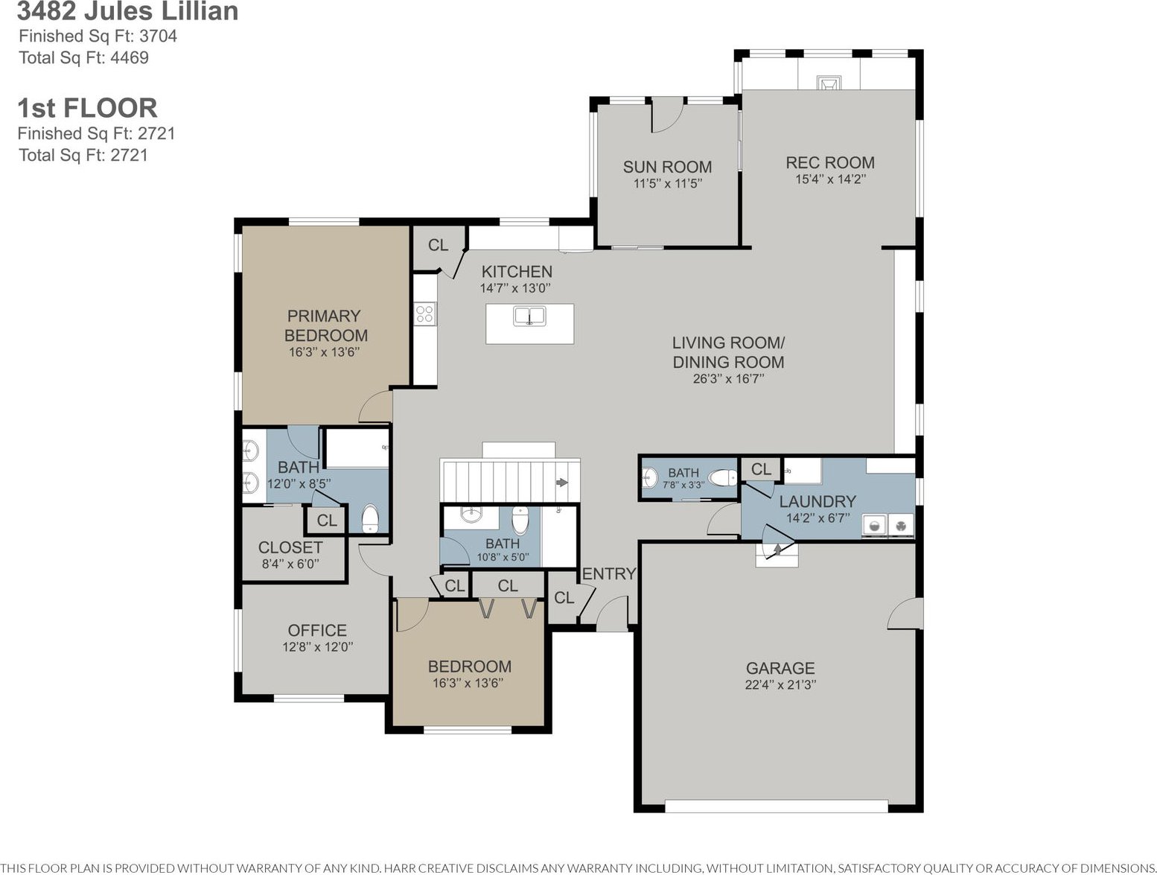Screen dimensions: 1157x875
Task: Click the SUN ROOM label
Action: point(667,167)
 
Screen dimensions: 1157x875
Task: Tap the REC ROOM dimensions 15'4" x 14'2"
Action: point(830,179)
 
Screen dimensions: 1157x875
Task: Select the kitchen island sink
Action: point(529,316)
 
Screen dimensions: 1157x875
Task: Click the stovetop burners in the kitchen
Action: point(425,314)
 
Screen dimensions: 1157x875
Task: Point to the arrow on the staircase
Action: point(562,482)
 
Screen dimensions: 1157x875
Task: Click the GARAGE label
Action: point(780,668)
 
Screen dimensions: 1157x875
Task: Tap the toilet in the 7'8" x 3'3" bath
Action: point(722,478)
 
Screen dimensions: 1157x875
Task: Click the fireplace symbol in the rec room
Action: point(829,83)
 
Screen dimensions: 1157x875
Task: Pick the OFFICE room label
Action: point(317,630)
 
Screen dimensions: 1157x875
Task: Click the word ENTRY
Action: point(609,573)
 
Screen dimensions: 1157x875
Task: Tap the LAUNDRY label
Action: point(817,501)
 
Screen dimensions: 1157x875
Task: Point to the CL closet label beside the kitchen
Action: point(438,245)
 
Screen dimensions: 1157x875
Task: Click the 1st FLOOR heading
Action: point(88,108)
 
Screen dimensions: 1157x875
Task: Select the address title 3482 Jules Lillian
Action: point(127,11)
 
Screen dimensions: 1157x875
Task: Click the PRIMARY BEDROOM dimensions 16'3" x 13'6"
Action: point(324,351)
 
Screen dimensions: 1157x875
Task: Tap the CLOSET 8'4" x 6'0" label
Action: point(290,555)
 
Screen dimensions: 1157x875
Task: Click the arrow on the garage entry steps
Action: point(777,550)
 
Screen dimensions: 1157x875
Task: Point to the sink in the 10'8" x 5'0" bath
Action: point(471,514)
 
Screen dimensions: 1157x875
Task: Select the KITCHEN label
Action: point(517,272)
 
